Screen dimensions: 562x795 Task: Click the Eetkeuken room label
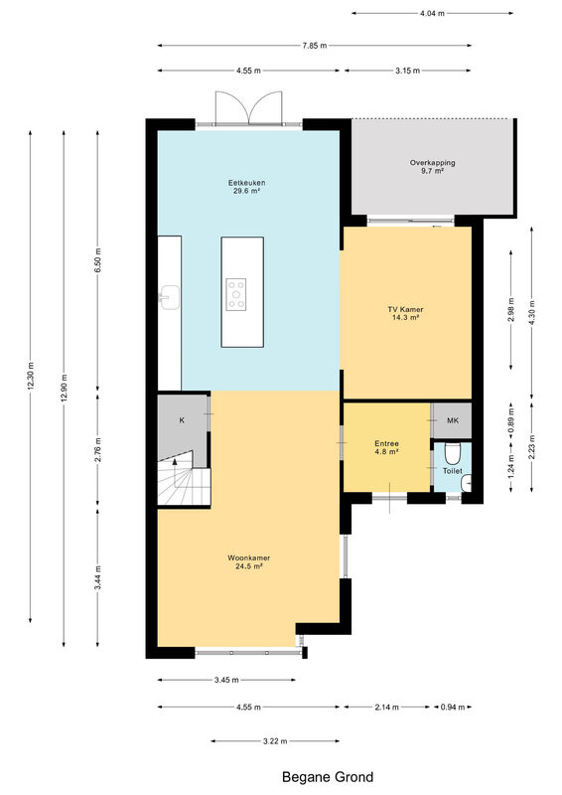point(246,187)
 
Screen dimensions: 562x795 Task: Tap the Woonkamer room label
point(248,561)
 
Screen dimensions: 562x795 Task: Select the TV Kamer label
point(405,313)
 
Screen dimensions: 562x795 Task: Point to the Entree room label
point(386,447)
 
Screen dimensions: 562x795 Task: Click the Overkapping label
point(432,167)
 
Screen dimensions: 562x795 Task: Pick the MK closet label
point(453,420)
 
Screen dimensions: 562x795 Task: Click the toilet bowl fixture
point(452,454)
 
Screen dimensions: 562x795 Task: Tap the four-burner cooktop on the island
point(236,294)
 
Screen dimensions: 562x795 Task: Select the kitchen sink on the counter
point(169,297)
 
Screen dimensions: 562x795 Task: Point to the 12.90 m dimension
point(64,388)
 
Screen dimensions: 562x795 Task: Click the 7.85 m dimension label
point(315,46)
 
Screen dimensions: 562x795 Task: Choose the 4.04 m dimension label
point(432,14)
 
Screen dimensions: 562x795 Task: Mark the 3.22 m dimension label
point(275,741)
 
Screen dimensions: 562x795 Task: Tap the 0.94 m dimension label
point(453,707)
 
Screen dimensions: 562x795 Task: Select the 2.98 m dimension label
point(510,309)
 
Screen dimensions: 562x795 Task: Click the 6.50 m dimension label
point(98,260)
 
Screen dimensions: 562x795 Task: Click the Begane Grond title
point(328,777)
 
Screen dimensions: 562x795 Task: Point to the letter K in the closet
point(182,419)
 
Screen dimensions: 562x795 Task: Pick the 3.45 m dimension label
point(226,680)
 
